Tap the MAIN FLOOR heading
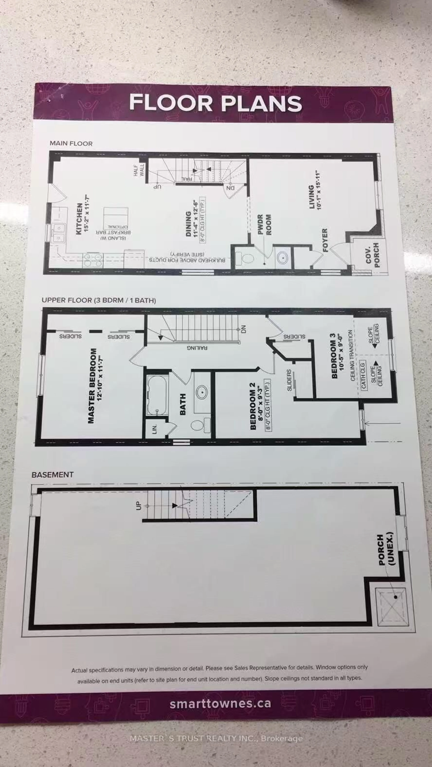click(x=71, y=144)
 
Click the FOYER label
click(x=325, y=240)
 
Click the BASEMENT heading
click(x=52, y=475)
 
